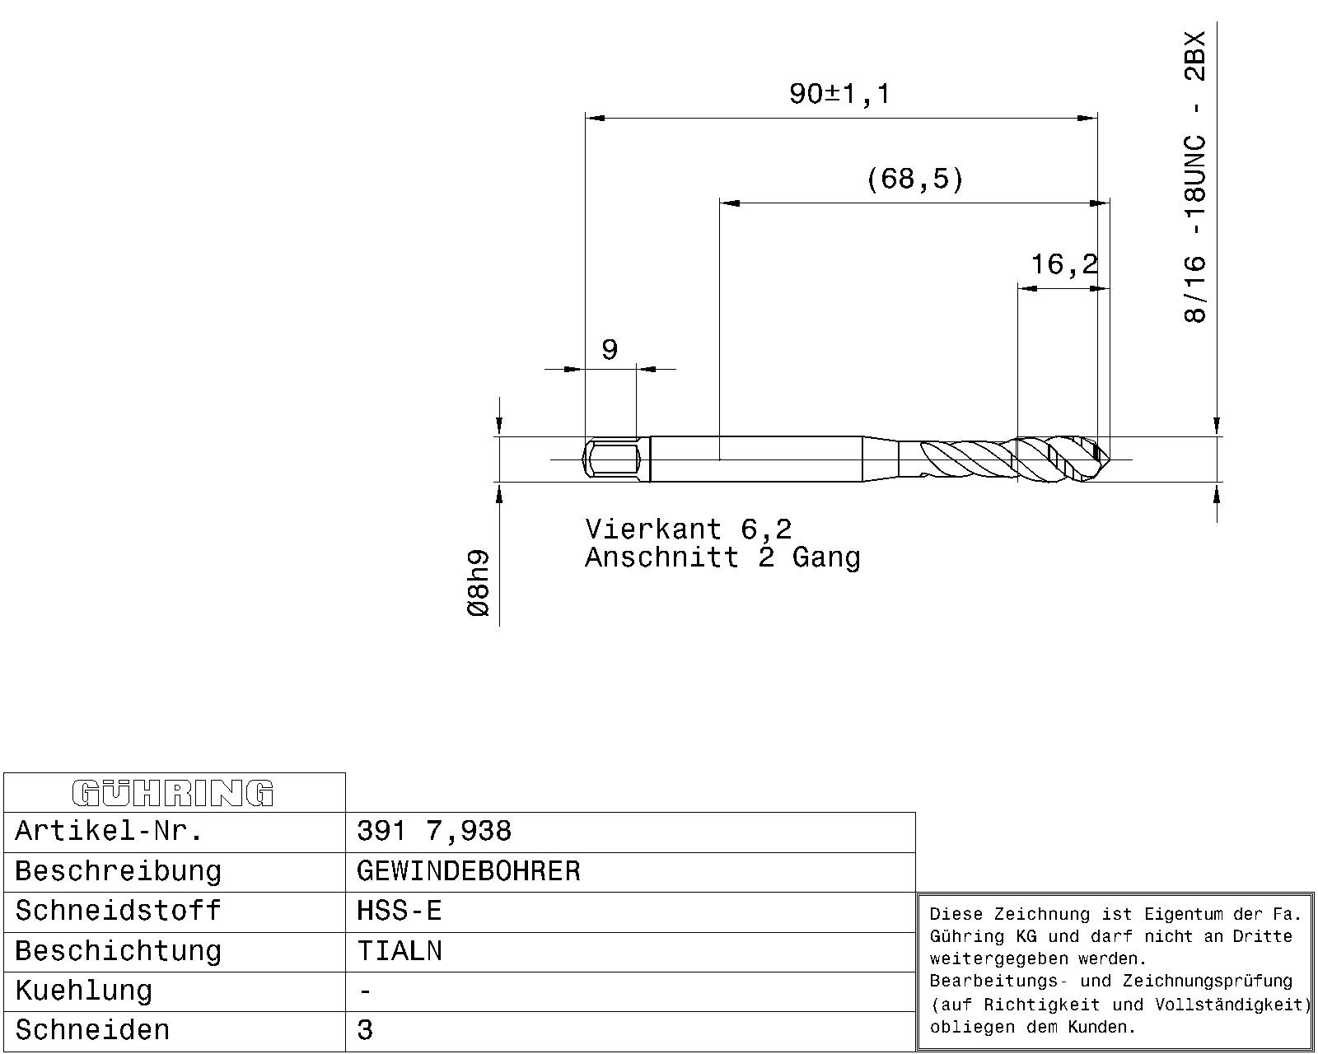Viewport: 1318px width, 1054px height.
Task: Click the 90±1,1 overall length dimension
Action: point(839,95)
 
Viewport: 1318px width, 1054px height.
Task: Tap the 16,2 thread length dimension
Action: point(1064,264)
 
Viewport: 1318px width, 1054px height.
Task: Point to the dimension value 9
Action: point(610,350)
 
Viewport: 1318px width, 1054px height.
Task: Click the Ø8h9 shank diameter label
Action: point(479,583)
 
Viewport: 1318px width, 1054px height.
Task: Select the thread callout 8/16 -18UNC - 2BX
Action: point(1195,177)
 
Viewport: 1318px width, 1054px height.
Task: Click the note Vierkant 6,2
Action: point(689,529)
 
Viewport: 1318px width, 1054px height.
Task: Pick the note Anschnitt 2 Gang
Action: point(722,557)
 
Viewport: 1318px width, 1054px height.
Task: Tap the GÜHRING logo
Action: point(173,793)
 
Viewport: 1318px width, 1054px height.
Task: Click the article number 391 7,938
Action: point(433,831)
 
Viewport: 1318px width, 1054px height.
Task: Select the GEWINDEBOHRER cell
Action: point(469,871)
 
